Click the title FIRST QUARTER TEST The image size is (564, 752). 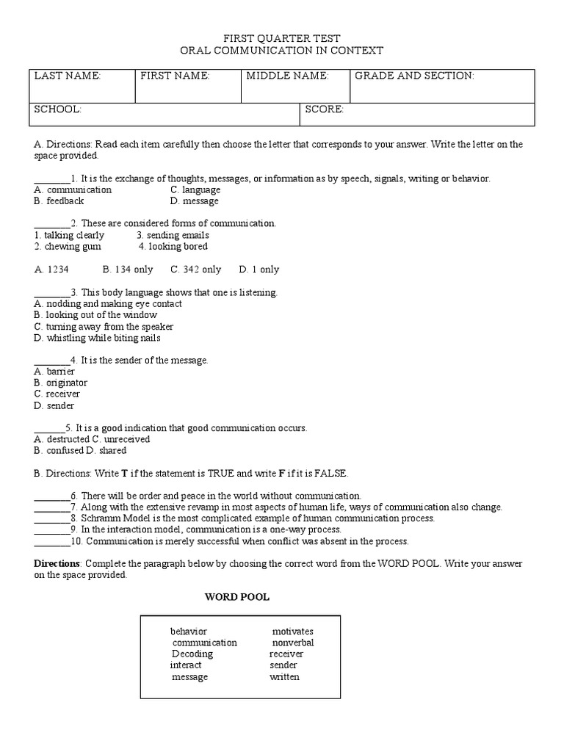click(x=281, y=38)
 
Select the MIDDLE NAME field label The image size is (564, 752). click(x=287, y=76)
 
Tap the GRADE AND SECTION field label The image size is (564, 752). click(x=414, y=76)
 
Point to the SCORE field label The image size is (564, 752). click(x=324, y=109)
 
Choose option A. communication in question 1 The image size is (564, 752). click(x=73, y=189)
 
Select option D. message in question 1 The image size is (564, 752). click(x=195, y=200)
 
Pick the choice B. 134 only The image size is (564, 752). click(x=128, y=270)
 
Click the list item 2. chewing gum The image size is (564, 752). click(x=68, y=247)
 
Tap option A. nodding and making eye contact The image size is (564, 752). click(x=108, y=303)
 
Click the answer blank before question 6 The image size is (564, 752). click(x=51, y=496)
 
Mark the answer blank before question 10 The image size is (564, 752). click(x=51, y=542)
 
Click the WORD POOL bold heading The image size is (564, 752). click(x=236, y=597)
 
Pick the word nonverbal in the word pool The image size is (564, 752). click(x=292, y=643)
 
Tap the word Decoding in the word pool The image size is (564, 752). click(x=192, y=654)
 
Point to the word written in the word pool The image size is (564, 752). click(x=284, y=676)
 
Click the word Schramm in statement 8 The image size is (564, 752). click(x=98, y=518)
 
